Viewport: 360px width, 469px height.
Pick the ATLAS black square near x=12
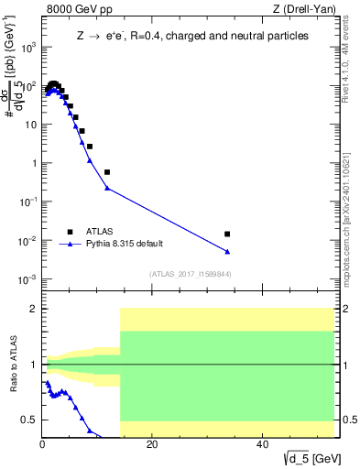pos(107,172)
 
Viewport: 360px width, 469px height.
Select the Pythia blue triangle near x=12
pos(107,189)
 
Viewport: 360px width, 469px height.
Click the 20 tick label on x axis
pos(152,447)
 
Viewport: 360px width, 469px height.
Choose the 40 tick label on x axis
pos(262,447)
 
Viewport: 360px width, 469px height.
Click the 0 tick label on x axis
pos(42,447)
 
